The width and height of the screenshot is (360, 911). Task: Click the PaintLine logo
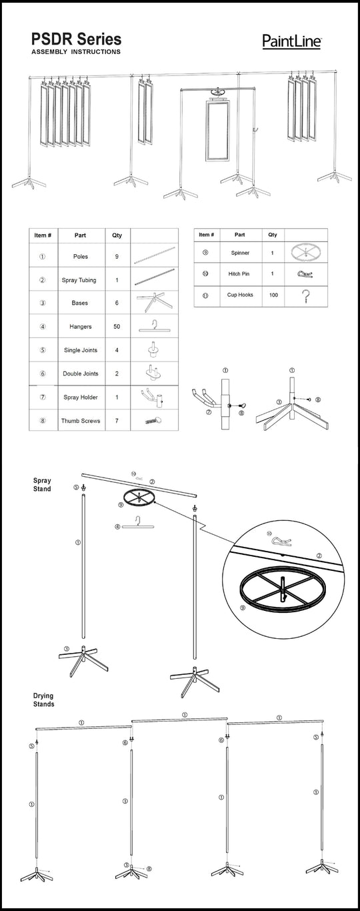(292, 41)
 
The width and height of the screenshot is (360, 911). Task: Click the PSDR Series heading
(77, 39)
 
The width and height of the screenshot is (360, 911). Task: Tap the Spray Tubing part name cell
(79, 280)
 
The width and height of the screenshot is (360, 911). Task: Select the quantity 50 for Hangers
(117, 326)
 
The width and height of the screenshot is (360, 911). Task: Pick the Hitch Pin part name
(239, 273)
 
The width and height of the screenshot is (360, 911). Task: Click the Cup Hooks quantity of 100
(273, 295)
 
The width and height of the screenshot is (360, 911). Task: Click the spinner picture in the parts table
(305, 252)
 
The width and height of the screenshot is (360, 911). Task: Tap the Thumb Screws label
(81, 421)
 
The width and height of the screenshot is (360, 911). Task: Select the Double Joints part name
(81, 373)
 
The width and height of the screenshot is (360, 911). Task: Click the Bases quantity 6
(117, 303)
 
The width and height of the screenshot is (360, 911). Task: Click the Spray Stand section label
(42, 485)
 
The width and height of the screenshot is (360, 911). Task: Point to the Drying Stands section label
(43, 700)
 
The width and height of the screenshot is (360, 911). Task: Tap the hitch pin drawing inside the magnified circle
(281, 541)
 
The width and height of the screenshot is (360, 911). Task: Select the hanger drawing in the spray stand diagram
(138, 526)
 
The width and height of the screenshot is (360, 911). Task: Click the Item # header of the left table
(43, 235)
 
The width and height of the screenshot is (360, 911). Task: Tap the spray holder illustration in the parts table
(154, 397)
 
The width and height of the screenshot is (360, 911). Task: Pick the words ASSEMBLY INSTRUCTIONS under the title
(76, 51)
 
